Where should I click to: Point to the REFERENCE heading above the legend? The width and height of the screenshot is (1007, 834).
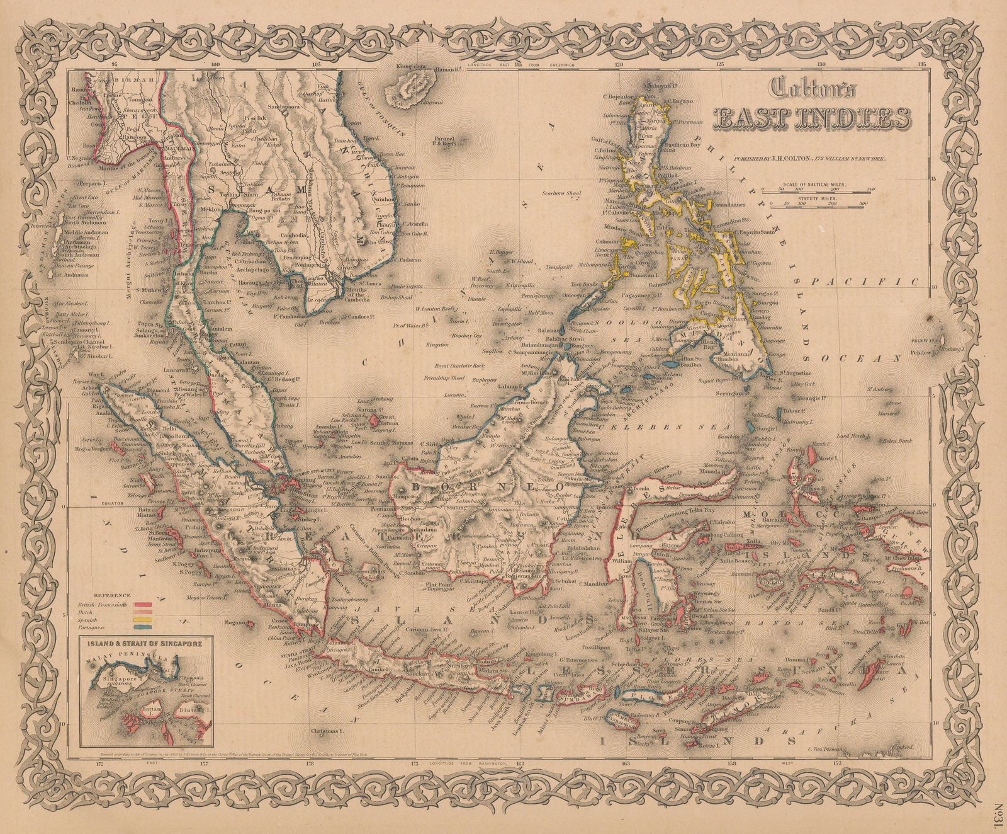tap(112, 595)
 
